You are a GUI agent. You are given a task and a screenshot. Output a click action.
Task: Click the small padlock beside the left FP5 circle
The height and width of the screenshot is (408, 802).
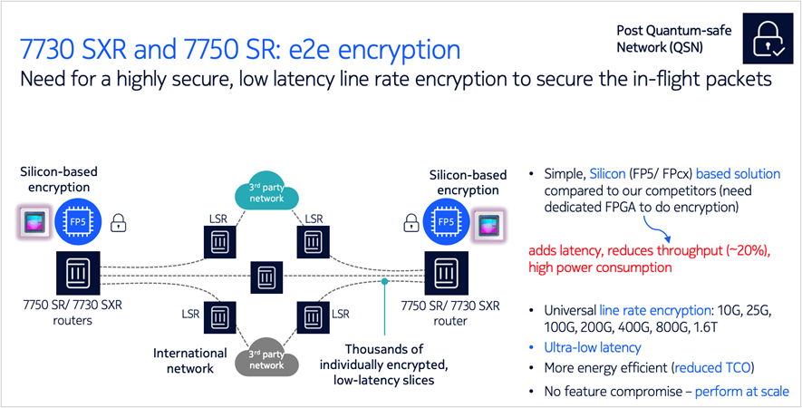point(117,222)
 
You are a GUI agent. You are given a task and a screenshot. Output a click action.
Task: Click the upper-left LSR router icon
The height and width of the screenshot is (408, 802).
point(218,242)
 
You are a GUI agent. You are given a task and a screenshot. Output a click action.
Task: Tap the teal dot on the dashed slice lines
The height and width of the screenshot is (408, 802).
point(385,282)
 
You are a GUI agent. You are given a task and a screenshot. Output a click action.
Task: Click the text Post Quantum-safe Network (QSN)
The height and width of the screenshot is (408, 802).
point(673,38)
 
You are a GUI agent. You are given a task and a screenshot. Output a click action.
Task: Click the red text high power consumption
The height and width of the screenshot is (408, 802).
point(606,268)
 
